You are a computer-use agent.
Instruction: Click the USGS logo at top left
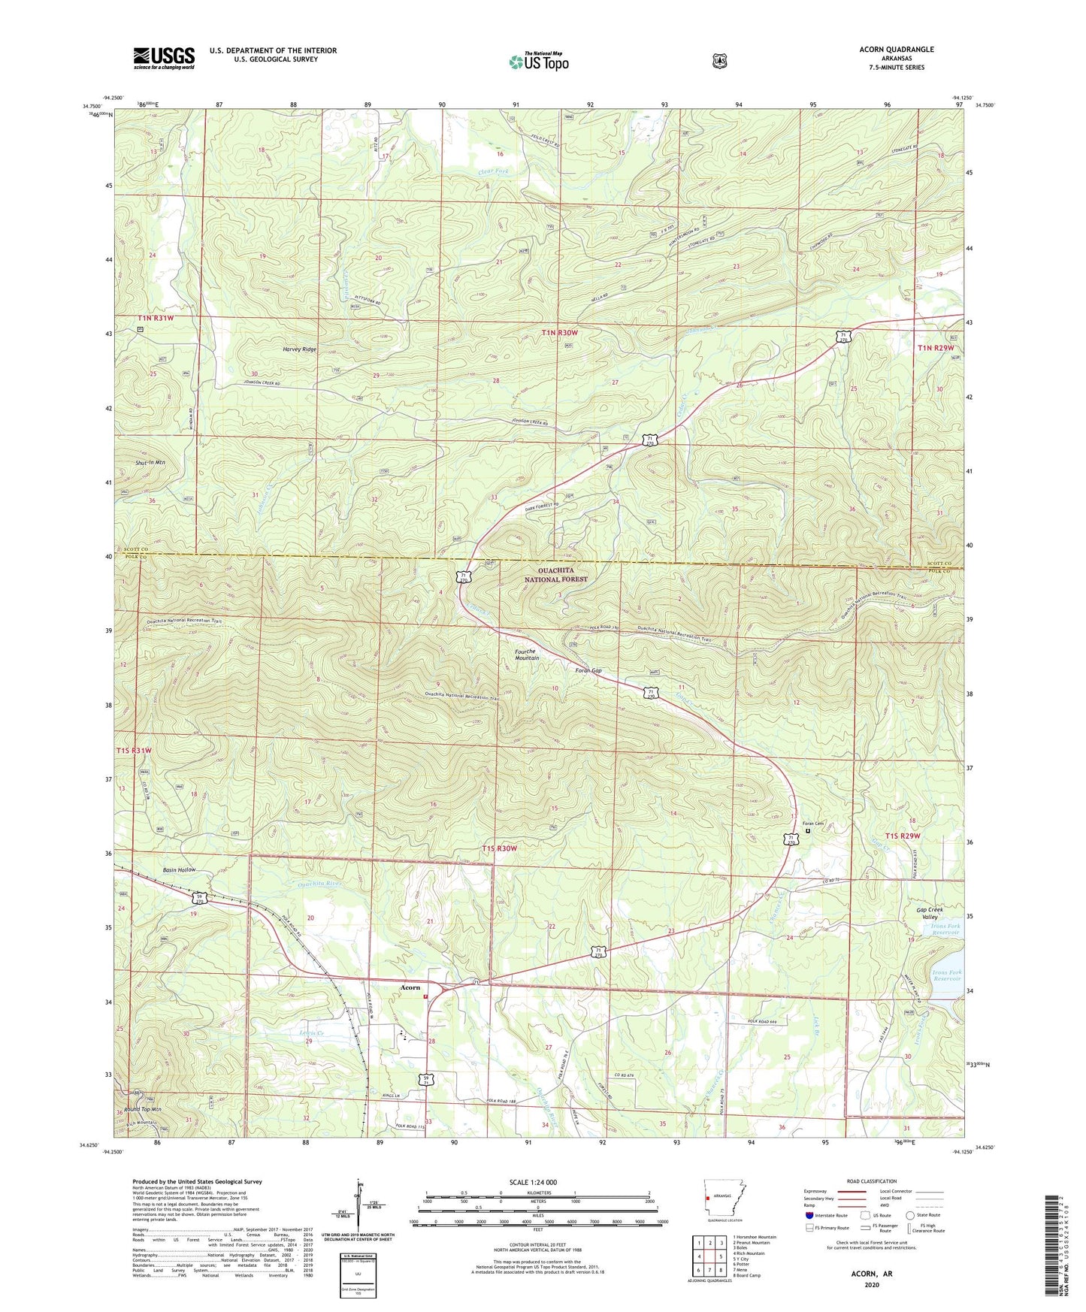click(164, 58)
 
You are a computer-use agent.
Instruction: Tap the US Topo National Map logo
click(538, 61)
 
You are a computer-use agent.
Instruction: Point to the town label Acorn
click(410, 987)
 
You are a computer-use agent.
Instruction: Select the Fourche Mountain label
click(526, 654)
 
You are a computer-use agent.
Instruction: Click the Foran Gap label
click(588, 670)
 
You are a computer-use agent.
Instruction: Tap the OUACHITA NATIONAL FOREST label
click(556, 574)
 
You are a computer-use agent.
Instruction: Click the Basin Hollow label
click(179, 869)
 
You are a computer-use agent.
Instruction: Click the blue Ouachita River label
click(319, 884)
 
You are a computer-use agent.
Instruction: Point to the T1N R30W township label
click(555, 331)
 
